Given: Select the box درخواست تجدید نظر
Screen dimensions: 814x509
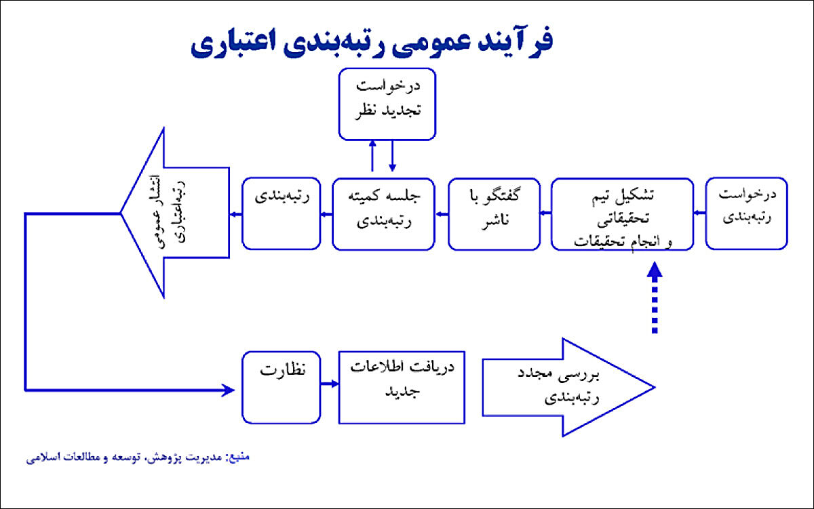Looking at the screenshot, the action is point(387,104).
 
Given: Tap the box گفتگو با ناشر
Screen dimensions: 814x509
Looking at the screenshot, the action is point(495,214).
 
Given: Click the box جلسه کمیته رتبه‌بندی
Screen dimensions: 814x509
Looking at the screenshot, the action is point(383,214).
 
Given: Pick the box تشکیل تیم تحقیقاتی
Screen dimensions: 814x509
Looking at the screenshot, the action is point(622,214).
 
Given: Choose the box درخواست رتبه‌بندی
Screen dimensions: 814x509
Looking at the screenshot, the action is point(746,213).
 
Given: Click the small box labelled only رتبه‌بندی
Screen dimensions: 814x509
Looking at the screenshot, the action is point(282,213).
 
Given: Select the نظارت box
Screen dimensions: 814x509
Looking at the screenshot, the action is point(282,388).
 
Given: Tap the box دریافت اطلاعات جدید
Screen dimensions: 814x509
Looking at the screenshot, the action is point(402,388).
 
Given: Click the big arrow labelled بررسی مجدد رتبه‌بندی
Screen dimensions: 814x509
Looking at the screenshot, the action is point(568,388).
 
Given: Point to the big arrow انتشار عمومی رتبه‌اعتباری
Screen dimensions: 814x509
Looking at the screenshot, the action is point(174,213).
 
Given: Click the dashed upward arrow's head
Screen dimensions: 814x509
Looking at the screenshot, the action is point(655,270).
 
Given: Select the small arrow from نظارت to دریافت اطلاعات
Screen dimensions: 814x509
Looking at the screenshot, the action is point(330,384).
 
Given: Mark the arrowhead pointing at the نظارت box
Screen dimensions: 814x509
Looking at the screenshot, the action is point(229,390).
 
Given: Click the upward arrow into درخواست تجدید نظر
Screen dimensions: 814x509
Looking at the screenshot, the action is point(372,156).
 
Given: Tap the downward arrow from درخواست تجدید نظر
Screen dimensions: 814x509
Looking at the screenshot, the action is point(392,156).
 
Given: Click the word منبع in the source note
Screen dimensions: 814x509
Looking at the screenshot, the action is point(238,457).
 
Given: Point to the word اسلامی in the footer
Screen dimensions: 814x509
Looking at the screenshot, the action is point(39,457).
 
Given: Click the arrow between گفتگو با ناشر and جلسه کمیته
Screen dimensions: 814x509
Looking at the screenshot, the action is point(442,214).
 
